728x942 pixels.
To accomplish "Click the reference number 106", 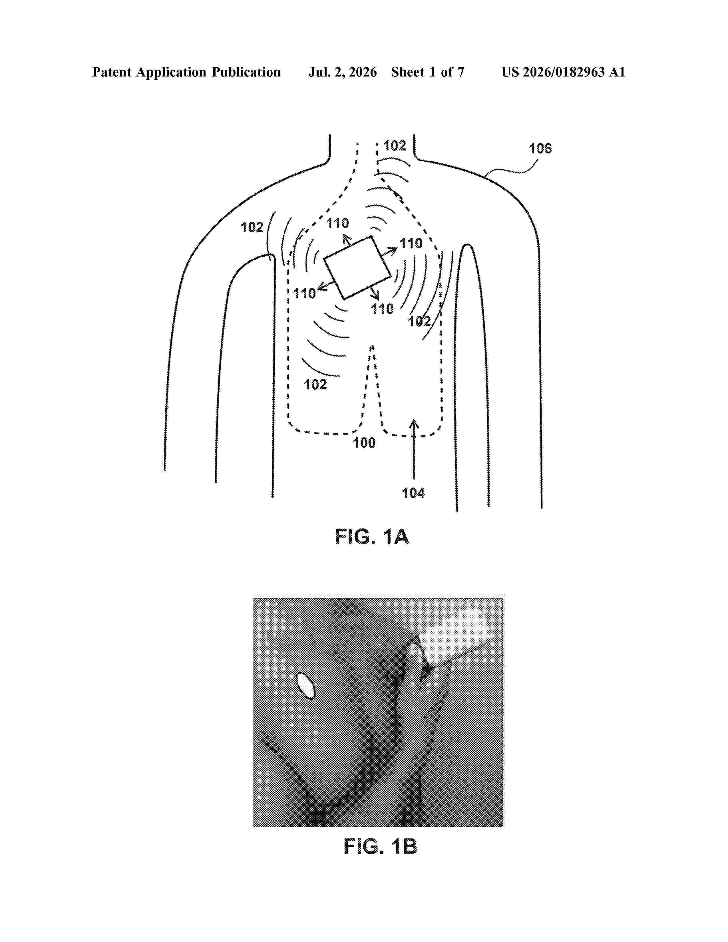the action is point(540,149).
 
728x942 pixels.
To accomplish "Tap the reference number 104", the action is point(413,493).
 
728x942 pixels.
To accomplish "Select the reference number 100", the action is point(365,443).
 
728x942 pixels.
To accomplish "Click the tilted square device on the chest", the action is point(357,267).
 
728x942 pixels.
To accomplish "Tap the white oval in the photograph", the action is point(306,685).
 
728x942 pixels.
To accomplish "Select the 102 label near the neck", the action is point(395,146).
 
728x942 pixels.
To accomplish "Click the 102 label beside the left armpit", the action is point(252,227).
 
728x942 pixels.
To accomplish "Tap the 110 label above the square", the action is point(338,224).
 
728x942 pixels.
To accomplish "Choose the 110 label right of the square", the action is point(411,244).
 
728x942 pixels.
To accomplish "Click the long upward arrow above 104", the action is point(414,448).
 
